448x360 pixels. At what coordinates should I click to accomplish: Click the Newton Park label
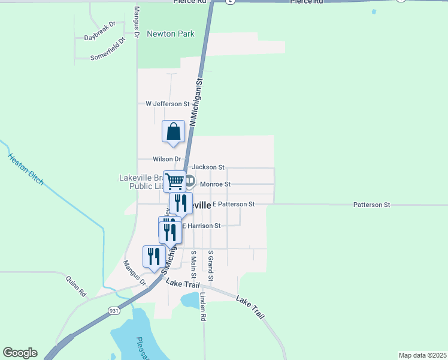pyautogui.click(x=171, y=34)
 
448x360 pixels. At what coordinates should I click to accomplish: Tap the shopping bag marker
pyautogui.click(x=173, y=131)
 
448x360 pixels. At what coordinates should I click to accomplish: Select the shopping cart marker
pyautogui.click(x=174, y=181)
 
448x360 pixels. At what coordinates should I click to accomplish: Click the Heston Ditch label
pyautogui.click(x=26, y=169)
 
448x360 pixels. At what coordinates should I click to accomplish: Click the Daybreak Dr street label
pyautogui.click(x=99, y=37)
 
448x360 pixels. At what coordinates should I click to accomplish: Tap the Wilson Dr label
pyautogui.click(x=167, y=159)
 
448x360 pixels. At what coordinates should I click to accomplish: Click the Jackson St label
pyautogui.click(x=208, y=167)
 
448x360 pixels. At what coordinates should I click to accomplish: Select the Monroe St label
pyautogui.click(x=215, y=184)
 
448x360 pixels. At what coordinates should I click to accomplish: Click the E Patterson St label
pyautogui.click(x=234, y=205)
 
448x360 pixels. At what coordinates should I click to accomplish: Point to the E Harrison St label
pyautogui.click(x=201, y=226)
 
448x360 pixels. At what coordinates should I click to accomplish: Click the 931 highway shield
pyautogui.click(x=114, y=310)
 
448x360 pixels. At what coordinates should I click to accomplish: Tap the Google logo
pyautogui.click(x=20, y=353)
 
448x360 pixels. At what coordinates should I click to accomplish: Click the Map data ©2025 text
pyautogui.click(x=422, y=355)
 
